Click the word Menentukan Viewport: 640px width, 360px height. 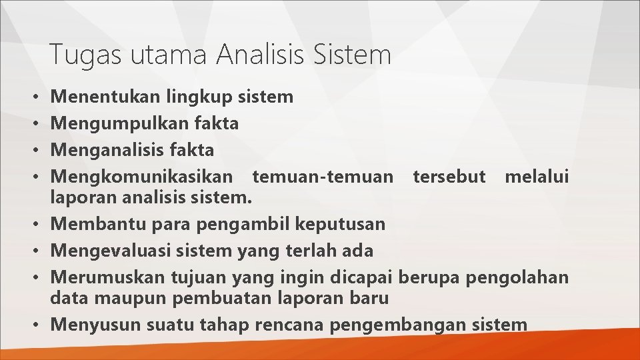pyautogui.click(x=105, y=97)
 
